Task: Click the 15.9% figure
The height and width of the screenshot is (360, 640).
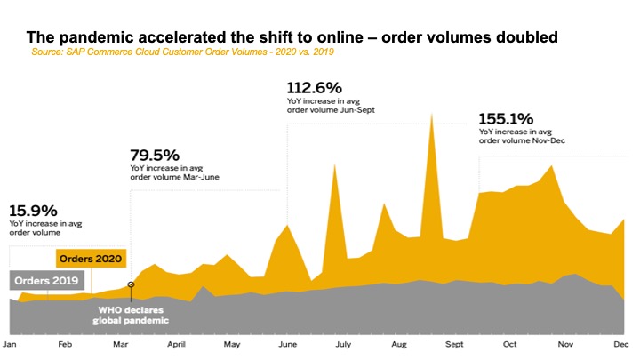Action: pyautogui.click(x=33, y=211)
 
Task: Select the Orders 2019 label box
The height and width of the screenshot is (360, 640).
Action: pyautogui.click(x=46, y=280)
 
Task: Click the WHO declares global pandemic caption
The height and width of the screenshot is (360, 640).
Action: pyautogui.click(x=132, y=314)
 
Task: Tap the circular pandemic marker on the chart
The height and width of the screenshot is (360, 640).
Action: pyautogui.click(x=131, y=285)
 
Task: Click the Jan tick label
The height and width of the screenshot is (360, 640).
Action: pyautogui.click(x=11, y=342)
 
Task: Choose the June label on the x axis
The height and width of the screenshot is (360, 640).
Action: pyautogui.click(x=287, y=342)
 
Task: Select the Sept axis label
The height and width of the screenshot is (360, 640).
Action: pyautogui.click(x=455, y=342)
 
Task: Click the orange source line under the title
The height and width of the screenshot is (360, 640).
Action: pyautogui.click(x=190, y=52)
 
